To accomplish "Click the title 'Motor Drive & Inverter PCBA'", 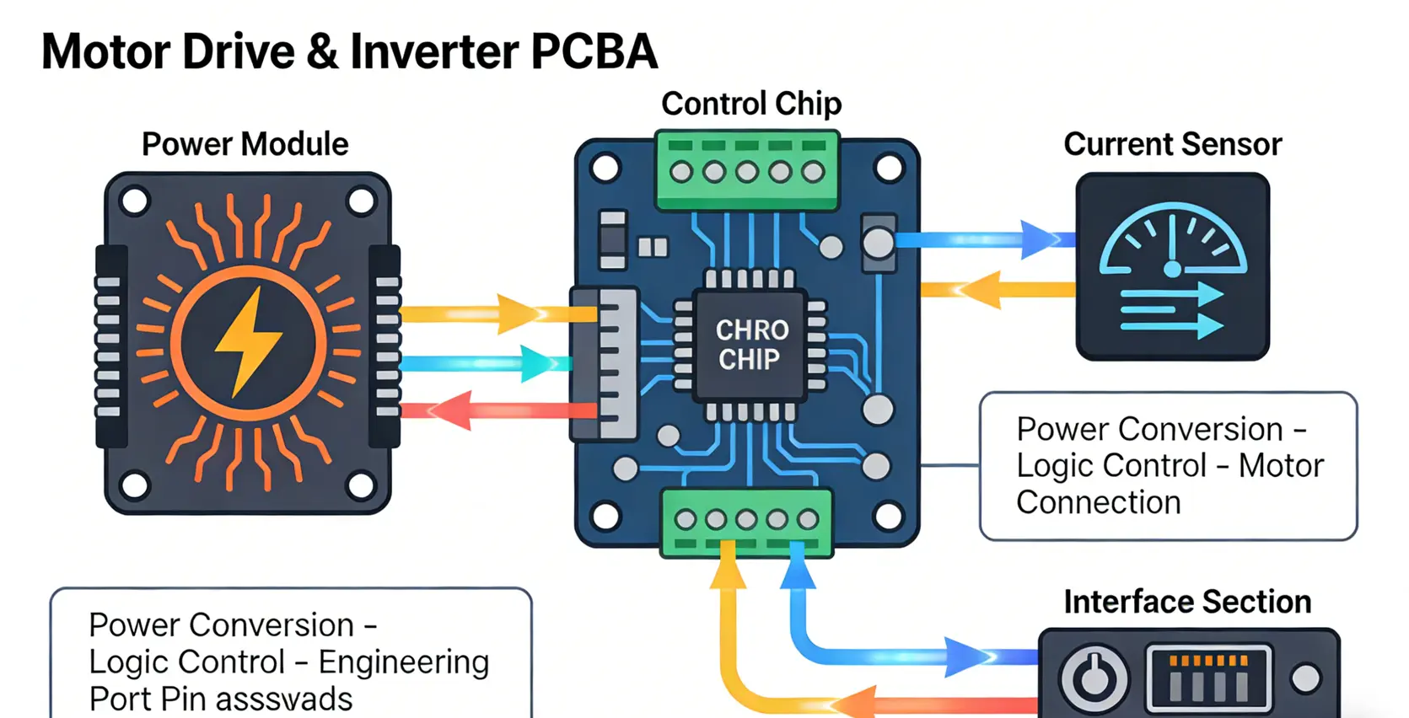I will point(349,51).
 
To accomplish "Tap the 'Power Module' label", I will point(245,144).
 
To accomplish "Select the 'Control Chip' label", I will point(750,104).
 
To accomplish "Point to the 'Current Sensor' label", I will point(1172,144).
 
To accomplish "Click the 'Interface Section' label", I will point(1187,602).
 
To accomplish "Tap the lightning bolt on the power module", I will point(248,342).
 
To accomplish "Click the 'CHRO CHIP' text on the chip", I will point(751,345).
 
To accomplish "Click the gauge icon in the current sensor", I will point(1172,244).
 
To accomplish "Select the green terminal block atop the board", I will point(747,170).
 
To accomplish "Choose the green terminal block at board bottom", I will point(747,522).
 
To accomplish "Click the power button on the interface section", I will point(1094,678).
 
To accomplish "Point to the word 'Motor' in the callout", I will point(1281,465).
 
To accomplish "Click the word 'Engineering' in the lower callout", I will point(403,662).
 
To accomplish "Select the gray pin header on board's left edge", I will point(604,363).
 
